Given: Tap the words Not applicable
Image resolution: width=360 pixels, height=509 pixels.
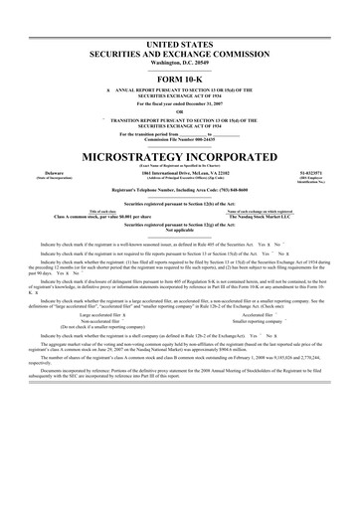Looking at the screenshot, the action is (180, 230).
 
